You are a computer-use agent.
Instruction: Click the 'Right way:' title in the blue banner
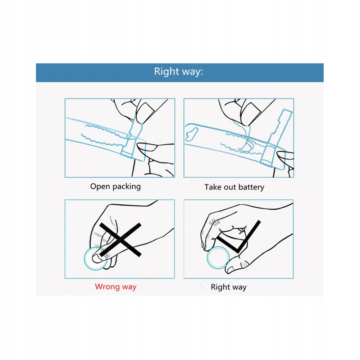(x=178, y=72)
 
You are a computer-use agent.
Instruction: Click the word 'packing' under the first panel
(x=127, y=187)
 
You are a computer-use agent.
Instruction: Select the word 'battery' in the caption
(x=251, y=187)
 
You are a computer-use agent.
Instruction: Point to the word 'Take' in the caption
(x=213, y=187)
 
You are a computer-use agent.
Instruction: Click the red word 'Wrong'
(x=107, y=287)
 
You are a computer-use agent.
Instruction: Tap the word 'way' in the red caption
(x=129, y=287)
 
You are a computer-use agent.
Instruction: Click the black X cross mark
(x=120, y=240)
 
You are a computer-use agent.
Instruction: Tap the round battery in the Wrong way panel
(x=95, y=259)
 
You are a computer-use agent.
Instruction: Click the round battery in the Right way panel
(x=218, y=258)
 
